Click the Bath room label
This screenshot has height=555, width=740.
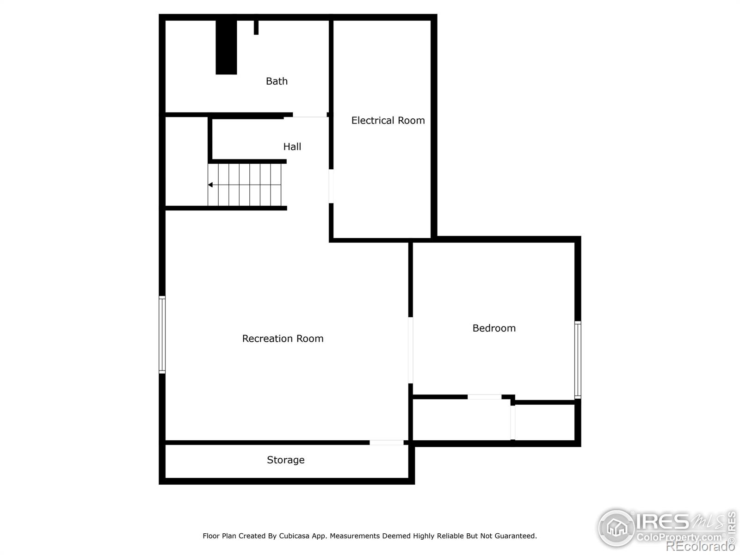tap(277, 81)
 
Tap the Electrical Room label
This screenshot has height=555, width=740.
tap(388, 121)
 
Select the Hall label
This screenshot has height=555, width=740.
tap(292, 147)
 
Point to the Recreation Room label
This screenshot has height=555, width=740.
tap(283, 339)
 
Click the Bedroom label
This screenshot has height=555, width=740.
tap(493, 328)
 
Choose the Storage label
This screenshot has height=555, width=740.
tap(285, 460)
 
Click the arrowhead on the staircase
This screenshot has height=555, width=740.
tap(210, 185)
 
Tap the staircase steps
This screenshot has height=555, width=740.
tap(245, 185)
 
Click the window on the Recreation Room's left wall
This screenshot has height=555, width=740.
tap(162, 334)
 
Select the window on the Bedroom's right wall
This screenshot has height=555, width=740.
tap(578, 360)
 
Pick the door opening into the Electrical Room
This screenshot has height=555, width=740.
tap(331, 186)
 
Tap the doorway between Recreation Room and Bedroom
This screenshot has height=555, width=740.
tap(410, 350)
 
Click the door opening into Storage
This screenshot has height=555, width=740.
tap(387, 443)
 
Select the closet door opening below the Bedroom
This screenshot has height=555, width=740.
tap(484, 397)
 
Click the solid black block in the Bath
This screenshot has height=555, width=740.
tap(226, 46)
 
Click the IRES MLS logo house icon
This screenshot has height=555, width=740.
tap(617, 527)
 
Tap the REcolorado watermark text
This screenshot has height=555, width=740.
tap(700, 546)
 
